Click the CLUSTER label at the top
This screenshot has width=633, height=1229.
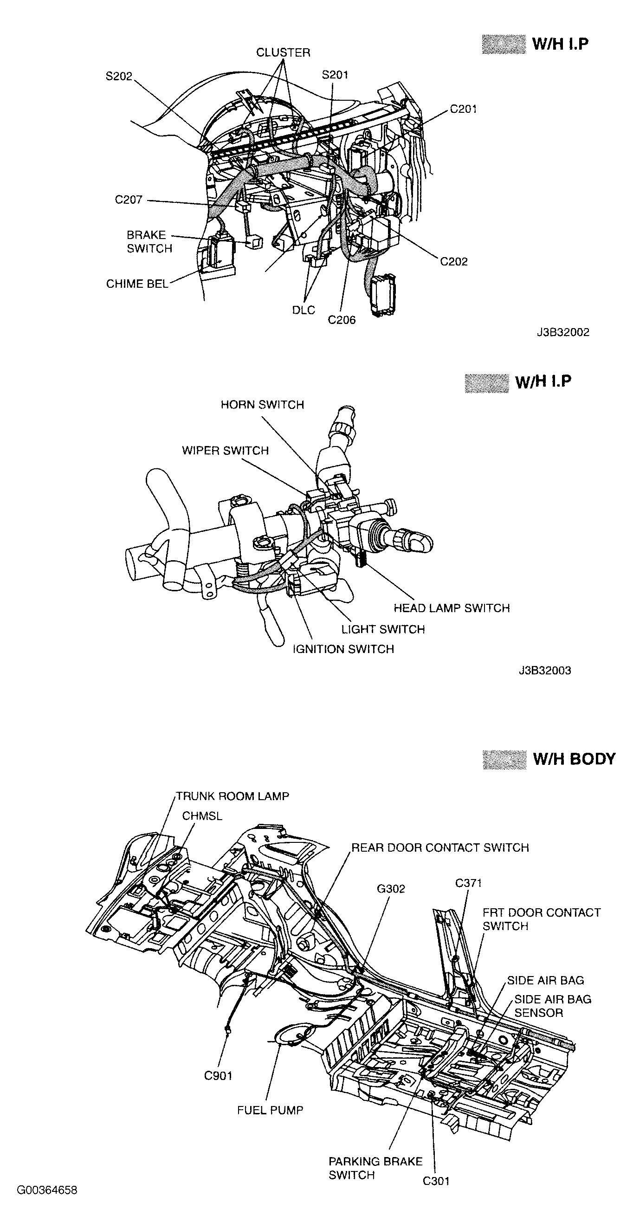tap(283, 52)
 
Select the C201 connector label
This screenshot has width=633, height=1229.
tap(463, 109)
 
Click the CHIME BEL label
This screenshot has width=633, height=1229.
tap(137, 284)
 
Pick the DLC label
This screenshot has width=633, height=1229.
tap(304, 310)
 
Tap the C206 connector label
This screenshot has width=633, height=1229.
tap(342, 320)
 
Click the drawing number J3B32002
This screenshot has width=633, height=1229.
tap(563, 332)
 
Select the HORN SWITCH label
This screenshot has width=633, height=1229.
tap(262, 405)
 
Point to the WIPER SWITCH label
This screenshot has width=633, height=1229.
tap(225, 451)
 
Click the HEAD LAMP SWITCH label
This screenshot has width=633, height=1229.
tap(451, 608)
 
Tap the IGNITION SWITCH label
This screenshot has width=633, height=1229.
tap(343, 649)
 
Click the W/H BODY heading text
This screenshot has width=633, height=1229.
tap(574, 759)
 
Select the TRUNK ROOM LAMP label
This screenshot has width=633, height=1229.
tap(233, 796)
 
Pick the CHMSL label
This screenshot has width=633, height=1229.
tap(202, 816)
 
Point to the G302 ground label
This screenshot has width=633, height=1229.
tap(391, 889)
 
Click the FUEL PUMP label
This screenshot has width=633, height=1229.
tap(270, 1110)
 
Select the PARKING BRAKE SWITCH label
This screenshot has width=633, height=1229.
tap(375, 1168)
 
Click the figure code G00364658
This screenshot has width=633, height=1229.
tap(47, 1190)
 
